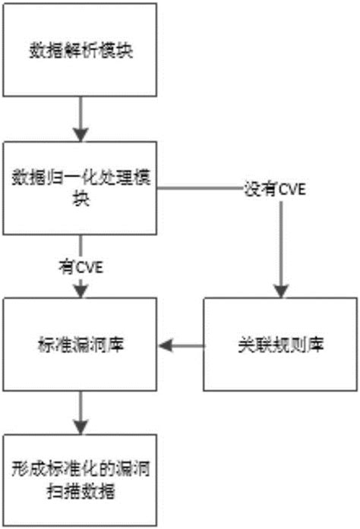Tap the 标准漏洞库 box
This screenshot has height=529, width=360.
[x=80, y=345]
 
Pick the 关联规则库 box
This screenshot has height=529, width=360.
[x=278, y=345]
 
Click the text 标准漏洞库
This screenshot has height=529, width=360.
[x=80, y=345]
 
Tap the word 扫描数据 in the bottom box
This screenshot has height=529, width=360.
[x=79, y=490]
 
